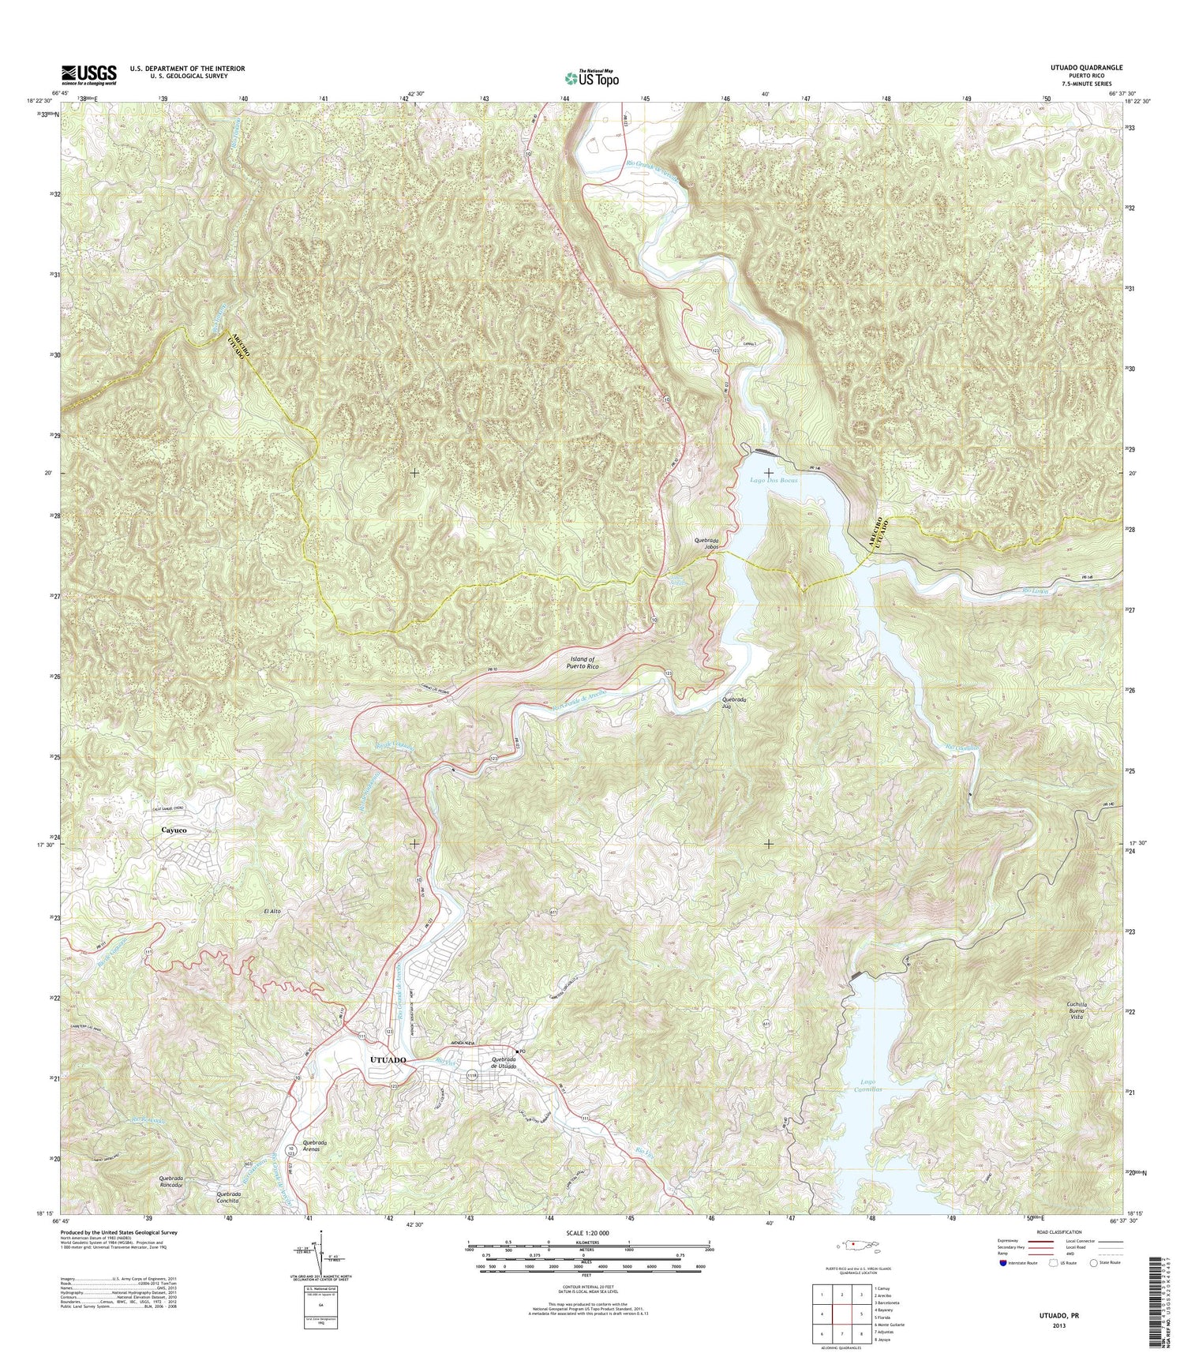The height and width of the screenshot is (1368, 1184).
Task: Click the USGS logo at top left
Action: click(89, 74)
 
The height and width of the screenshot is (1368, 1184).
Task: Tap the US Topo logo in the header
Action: click(591, 78)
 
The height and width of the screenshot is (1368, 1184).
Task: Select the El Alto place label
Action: click(272, 911)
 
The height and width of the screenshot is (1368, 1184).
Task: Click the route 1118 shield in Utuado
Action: click(472, 1075)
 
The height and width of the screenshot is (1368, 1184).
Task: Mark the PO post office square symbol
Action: click(515, 1051)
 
